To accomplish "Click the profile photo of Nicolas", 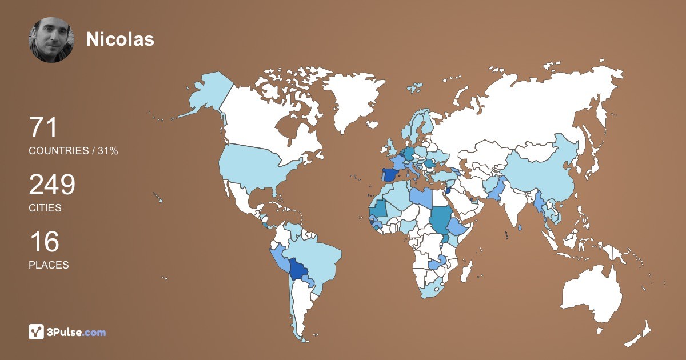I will point(51,40).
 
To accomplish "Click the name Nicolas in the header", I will point(120,39).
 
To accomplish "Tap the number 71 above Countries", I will point(43,128).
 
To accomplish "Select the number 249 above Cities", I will point(52,185).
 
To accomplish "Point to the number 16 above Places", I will point(44,242).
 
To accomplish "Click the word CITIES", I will point(45,208).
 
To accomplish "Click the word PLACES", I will point(49,265).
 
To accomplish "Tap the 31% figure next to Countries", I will point(106,151).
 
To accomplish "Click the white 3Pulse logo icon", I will point(37,331).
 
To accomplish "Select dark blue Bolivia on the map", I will point(298,268).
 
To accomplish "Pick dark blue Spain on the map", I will point(389,174).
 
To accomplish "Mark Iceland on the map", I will point(414,89).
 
